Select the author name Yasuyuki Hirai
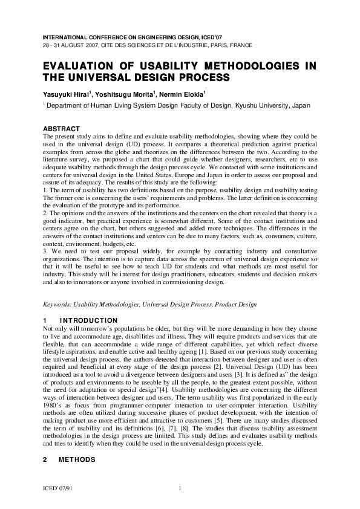(x=66, y=94)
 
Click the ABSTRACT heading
(x=61, y=129)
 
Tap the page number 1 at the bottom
(x=180, y=487)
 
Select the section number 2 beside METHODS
(x=45, y=460)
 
